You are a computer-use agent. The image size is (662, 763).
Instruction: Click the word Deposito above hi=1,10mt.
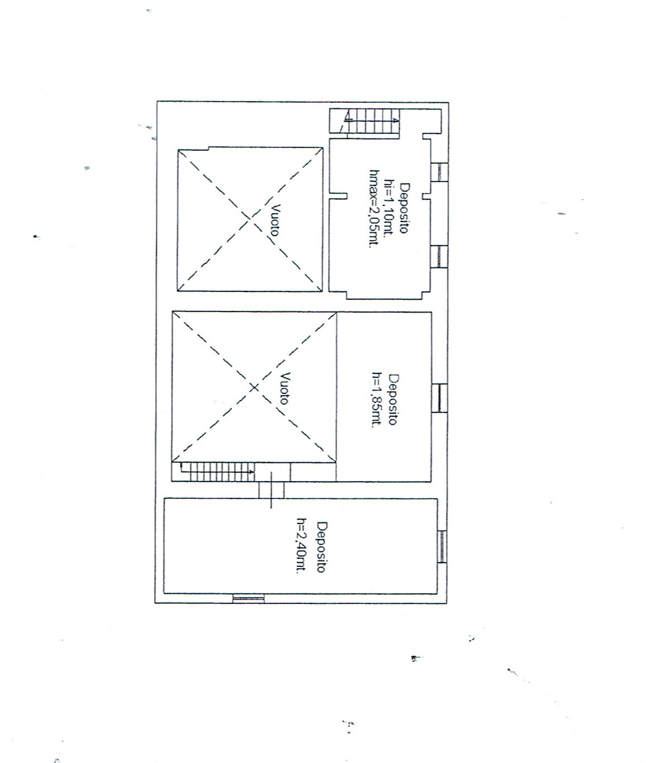click(404, 208)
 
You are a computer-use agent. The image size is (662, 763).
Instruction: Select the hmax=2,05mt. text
click(374, 208)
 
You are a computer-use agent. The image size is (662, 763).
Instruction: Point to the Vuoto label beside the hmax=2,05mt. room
click(275, 220)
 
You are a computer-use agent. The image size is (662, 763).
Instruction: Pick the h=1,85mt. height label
click(377, 400)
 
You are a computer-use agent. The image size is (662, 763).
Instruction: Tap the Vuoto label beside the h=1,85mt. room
click(285, 388)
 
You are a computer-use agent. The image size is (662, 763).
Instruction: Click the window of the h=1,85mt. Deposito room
click(439, 398)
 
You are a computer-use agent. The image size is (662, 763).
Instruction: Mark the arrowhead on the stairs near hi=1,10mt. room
click(395, 120)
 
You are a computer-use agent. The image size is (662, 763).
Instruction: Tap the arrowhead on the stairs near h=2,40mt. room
click(251, 472)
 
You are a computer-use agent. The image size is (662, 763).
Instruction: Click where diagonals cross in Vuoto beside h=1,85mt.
click(254, 387)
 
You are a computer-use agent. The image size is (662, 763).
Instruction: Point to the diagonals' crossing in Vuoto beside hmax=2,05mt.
click(250, 220)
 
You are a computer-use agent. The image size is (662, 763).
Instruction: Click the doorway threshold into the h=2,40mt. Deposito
click(271, 490)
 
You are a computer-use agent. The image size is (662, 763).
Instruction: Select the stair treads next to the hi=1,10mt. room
click(373, 121)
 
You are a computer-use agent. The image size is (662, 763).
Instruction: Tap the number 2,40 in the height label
click(301, 545)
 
